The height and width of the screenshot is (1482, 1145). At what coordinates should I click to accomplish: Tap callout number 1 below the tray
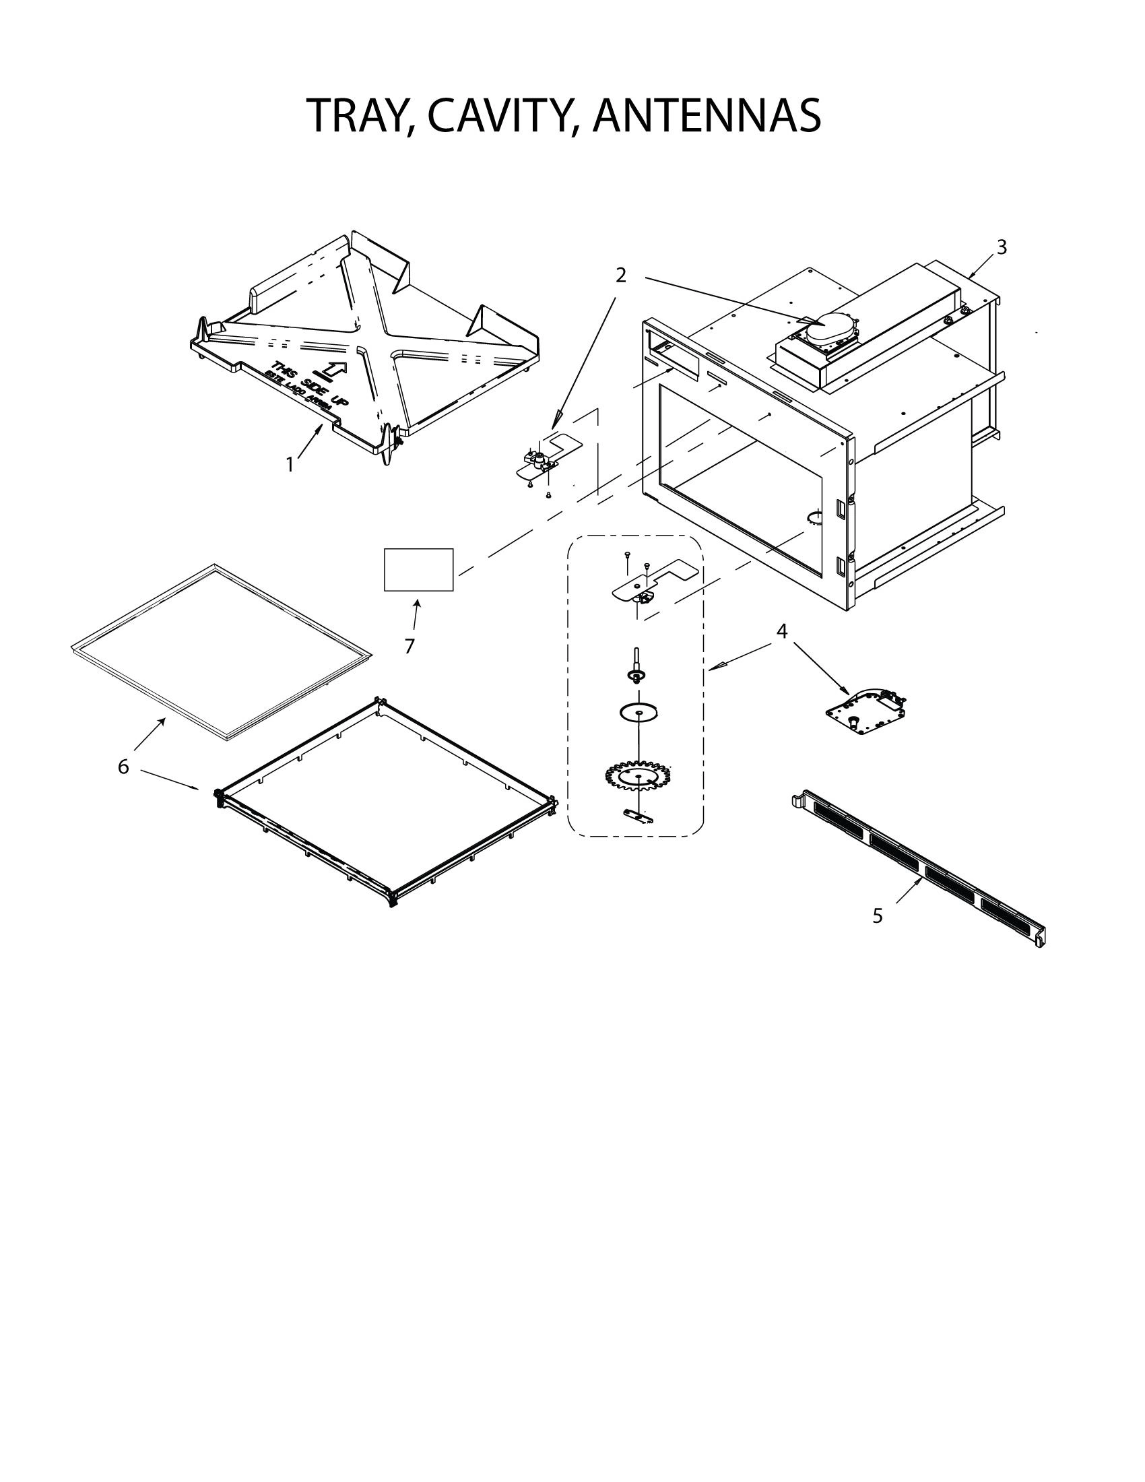(290, 465)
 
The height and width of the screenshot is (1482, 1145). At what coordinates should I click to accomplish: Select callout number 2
(621, 276)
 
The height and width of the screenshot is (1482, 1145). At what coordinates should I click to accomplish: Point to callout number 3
(1001, 248)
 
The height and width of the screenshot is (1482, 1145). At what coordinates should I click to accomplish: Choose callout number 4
(782, 631)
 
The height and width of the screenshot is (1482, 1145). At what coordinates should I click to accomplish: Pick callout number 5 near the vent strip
(878, 916)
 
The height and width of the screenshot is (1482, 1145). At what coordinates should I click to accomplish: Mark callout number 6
(123, 767)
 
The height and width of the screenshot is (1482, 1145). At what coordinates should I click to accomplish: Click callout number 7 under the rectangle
(409, 647)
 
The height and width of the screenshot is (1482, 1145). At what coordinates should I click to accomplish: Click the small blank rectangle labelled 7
(418, 570)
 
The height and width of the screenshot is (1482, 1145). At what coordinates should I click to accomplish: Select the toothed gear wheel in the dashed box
(638, 777)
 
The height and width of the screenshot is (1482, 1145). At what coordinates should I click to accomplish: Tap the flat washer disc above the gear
(638, 713)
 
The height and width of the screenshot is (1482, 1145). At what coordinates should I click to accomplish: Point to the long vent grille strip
(919, 868)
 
